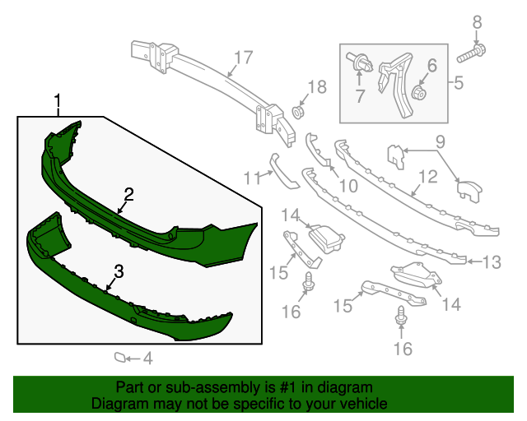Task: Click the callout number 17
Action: click(243, 58)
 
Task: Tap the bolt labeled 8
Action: click(471, 54)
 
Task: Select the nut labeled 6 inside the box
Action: click(419, 92)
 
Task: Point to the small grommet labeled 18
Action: click(297, 112)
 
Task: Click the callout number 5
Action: click(459, 82)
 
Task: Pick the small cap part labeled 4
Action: click(119, 358)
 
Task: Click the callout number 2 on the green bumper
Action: click(129, 195)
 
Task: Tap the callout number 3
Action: click(119, 271)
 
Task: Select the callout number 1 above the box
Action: click(58, 100)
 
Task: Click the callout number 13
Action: click(492, 261)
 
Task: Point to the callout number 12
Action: click(428, 177)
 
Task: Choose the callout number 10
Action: click(348, 186)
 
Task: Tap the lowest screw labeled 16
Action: click(401, 316)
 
